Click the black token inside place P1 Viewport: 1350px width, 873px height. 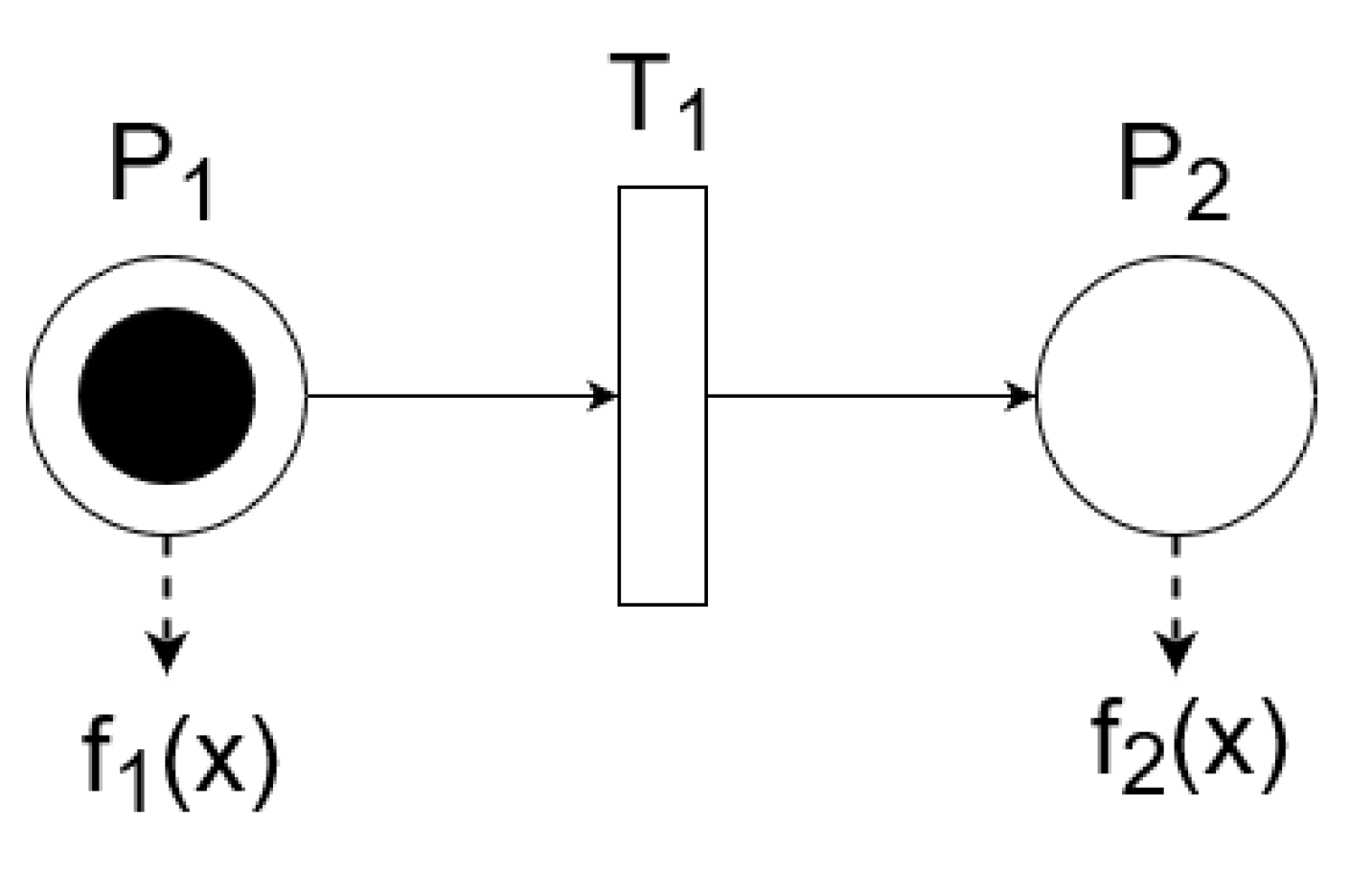[x=167, y=395]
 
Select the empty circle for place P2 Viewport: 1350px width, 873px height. [x=1176, y=395]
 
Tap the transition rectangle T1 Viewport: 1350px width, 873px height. [x=662, y=395]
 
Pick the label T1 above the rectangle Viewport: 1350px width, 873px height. [x=658, y=101]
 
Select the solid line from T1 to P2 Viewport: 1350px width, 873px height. [x=862, y=395]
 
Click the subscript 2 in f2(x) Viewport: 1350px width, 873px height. [x=1146, y=766]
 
